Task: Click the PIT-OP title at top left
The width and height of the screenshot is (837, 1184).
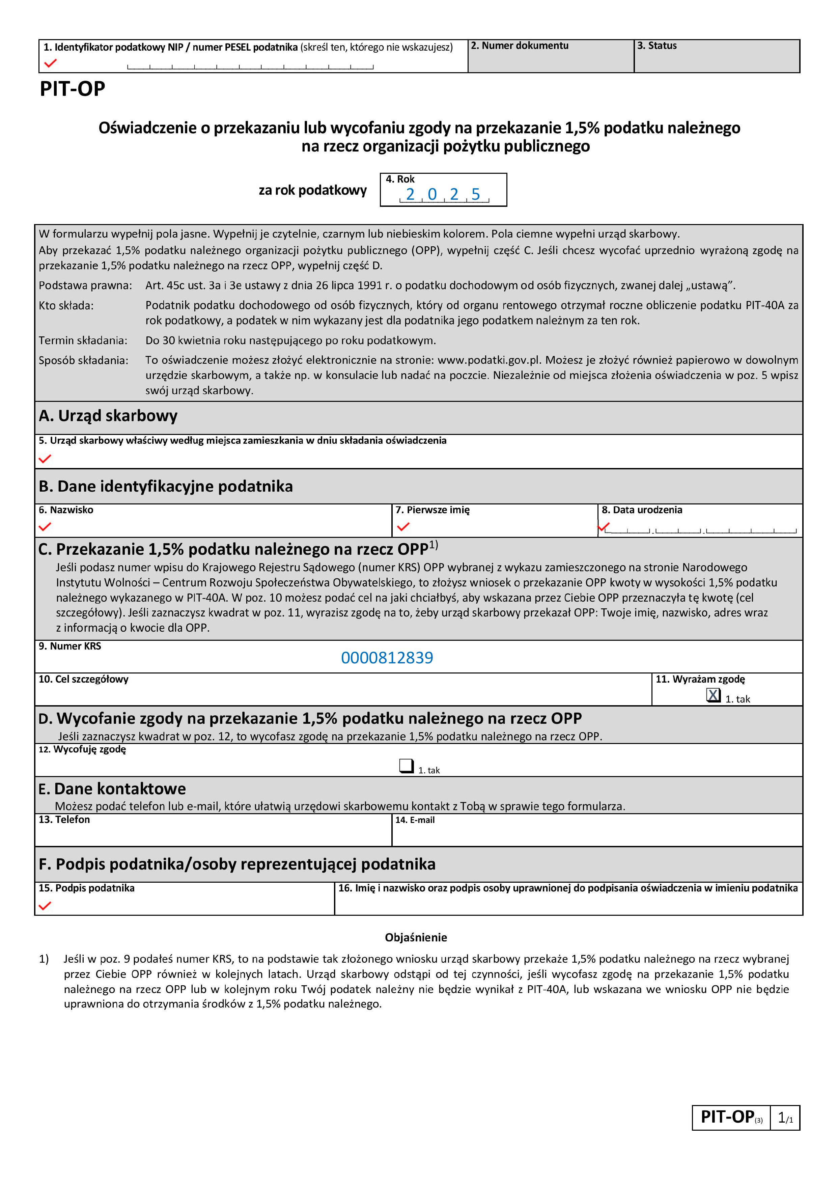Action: click(x=73, y=89)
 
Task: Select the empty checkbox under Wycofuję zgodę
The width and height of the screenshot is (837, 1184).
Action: click(x=407, y=766)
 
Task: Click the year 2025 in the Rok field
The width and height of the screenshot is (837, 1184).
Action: click(x=443, y=194)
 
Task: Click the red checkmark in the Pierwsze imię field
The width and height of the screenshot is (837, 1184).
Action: click(x=403, y=526)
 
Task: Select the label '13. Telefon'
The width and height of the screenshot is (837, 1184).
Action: click(x=64, y=819)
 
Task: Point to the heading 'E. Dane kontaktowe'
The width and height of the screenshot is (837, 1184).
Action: click(x=112, y=789)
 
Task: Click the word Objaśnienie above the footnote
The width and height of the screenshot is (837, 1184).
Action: click(x=416, y=937)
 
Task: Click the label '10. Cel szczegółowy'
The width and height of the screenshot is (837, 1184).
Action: click(x=84, y=679)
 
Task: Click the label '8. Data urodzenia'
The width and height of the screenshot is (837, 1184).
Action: click(x=642, y=510)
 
